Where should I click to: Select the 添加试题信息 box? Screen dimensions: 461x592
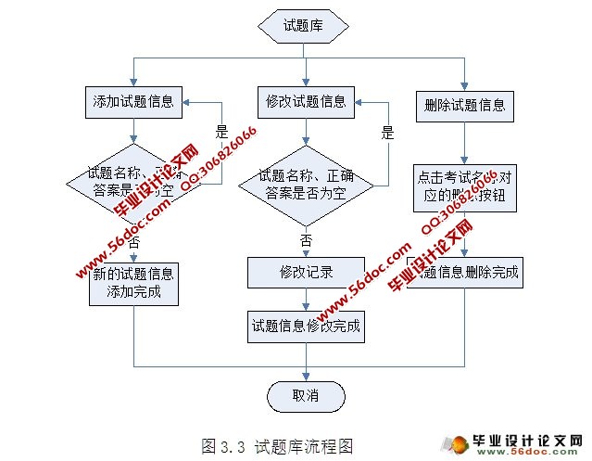[135, 101]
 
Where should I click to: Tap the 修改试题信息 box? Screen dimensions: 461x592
[305, 101]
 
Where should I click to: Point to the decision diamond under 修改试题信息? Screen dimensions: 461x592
[305, 184]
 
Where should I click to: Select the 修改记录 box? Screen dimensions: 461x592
[305, 272]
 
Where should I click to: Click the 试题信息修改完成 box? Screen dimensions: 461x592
[305, 326]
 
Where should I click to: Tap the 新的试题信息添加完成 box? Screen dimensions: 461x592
[133, 283]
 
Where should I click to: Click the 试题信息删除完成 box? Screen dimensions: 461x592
[464, 274]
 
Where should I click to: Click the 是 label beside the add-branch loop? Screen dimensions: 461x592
[221, 132]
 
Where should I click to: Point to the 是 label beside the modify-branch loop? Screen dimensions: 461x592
[387, 132]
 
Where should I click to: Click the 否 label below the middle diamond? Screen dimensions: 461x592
[307, 238]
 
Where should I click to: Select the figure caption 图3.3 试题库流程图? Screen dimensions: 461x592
[277, 445]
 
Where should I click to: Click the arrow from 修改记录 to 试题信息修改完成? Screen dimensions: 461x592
[305, 299]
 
